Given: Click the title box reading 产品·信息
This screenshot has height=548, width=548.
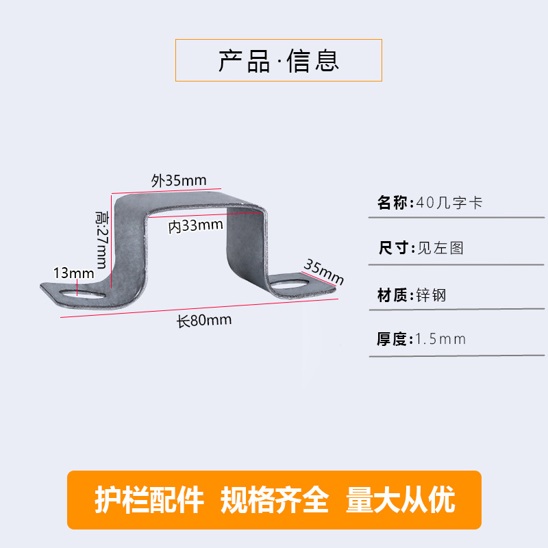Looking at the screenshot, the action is click(x=278, y=60).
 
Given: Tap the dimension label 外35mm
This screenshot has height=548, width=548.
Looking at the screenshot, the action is click(x=178, y=181).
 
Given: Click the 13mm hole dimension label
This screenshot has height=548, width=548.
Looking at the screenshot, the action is click(x=73, y=273).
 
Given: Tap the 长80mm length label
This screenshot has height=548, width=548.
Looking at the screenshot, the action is click(x=204, y=320).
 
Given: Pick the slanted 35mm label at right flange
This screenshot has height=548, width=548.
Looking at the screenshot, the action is click(x=323, y=271).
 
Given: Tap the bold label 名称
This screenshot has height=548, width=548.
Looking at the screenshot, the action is click(x=393, y=203).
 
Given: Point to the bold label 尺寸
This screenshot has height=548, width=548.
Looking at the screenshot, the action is click(x=393, y=248).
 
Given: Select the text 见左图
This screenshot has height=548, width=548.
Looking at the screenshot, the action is click(x=440, y=248).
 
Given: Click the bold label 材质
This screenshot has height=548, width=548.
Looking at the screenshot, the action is click(x=393, y=296).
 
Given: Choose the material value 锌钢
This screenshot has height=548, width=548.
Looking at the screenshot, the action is click(x=432, y=296).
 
